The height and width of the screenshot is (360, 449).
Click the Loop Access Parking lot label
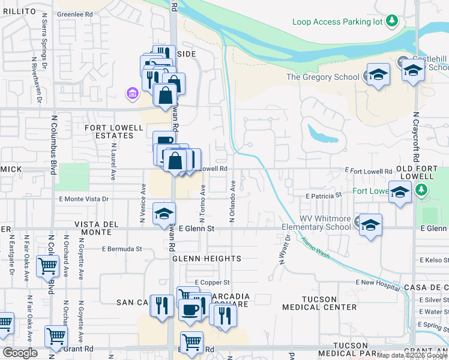pos(337,22)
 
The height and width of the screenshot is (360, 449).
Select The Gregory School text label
pos(322,77)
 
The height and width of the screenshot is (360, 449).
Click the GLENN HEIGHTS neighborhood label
pos(206,259)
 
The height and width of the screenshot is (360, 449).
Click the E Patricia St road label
pos(323,196)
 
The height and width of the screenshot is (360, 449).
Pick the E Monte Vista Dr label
pos(84,199)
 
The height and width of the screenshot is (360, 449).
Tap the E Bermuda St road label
pos(122,248)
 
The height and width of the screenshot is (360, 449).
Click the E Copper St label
pos(212,282)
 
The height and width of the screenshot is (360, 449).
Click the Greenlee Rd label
pos(75,13)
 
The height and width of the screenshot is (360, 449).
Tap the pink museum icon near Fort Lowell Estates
pos(131,93)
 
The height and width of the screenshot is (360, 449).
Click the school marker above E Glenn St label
pos(163,214)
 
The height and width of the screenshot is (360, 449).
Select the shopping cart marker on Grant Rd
pos(191,342)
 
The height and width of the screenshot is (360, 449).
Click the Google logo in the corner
pos(20,353)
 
